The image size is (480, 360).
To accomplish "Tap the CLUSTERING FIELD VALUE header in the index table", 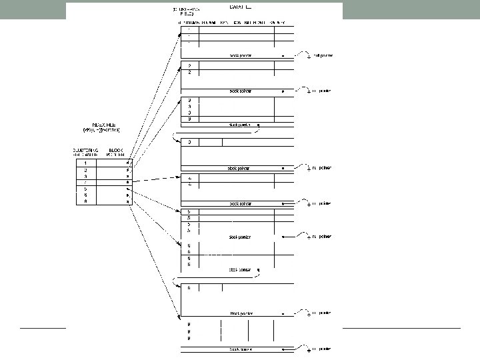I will point(85,153).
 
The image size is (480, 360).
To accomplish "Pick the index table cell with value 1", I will point(85,163).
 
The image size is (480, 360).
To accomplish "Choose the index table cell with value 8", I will point(85,201).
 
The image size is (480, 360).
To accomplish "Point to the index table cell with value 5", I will point(85,188).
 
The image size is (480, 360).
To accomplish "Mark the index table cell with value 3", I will point(85,176).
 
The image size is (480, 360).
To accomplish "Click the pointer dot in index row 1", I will point(127,163).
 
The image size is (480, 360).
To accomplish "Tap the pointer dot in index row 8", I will point(127,201).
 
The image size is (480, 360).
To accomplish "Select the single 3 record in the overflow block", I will point(190,142).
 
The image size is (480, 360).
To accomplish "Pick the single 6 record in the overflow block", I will point(190,288).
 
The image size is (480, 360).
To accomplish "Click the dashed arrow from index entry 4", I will point(153,179).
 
